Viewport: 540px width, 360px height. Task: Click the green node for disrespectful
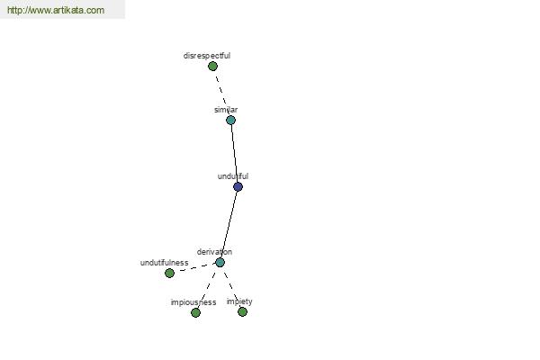click(212, 66)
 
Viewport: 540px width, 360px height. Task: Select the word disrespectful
click(207, 56)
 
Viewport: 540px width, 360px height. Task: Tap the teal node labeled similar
click(230, 121)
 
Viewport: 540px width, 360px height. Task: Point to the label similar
click(226, 110)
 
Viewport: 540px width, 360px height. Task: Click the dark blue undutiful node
click(238, 186)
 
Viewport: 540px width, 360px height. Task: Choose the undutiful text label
click(233, 176)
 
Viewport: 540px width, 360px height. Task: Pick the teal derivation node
click(220, 263)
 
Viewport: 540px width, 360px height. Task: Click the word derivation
click(214, 252)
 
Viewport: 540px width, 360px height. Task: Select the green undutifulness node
click(169, 274)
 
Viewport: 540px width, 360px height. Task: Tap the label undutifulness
click(165, 263)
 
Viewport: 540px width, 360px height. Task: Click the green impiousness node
click(195, 313)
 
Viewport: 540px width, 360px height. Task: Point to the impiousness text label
click(193, 302)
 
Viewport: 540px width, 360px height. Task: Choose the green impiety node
click(242, 311)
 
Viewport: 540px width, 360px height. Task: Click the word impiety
click(239, 301)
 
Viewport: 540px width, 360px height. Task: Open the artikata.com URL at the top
click(56, 10)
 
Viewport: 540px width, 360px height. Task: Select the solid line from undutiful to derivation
click(229, 225)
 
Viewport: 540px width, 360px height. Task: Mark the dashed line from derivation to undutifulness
click(194, 268)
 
